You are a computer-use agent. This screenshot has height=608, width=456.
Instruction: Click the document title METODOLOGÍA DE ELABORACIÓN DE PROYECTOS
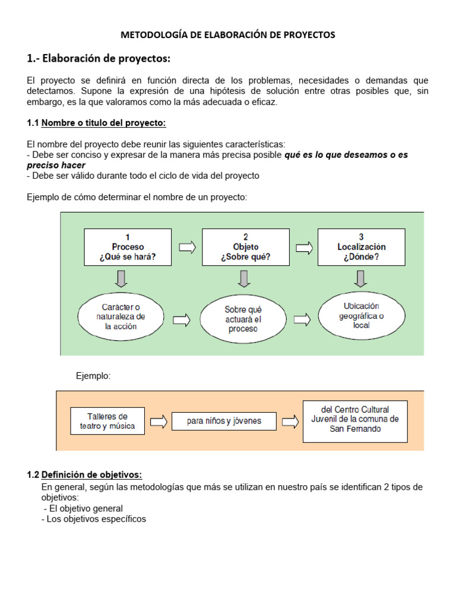(228, 35)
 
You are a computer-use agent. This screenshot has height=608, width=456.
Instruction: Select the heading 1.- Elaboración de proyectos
(99, 58)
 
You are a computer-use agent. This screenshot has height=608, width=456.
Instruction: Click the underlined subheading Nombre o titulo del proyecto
(103, 123)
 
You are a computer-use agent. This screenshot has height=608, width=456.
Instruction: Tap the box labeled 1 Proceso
(128, 247)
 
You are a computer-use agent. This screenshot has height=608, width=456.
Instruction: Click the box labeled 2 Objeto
(245, 247)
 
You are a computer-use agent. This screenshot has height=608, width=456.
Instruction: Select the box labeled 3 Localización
(361, 247)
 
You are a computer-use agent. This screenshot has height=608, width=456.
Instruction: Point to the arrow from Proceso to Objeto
(187, 247)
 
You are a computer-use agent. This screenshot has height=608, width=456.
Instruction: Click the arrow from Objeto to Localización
(304, 247)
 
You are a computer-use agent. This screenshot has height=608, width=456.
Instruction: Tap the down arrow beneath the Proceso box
(121, 278)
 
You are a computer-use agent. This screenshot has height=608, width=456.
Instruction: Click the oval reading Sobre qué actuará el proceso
(243, 319)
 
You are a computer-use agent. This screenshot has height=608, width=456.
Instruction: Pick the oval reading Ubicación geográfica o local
(361, 316)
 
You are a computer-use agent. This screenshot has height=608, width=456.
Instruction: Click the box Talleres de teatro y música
(107, 422)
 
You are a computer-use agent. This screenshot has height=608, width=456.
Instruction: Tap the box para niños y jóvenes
(224, 422)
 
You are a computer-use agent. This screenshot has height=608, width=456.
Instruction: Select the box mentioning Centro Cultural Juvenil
(355, 420)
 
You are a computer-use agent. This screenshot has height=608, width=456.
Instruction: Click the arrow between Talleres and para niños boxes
(159, 422)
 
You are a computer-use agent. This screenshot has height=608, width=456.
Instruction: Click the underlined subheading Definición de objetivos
(91, 474)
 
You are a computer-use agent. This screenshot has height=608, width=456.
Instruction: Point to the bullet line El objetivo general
(83, 508)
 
